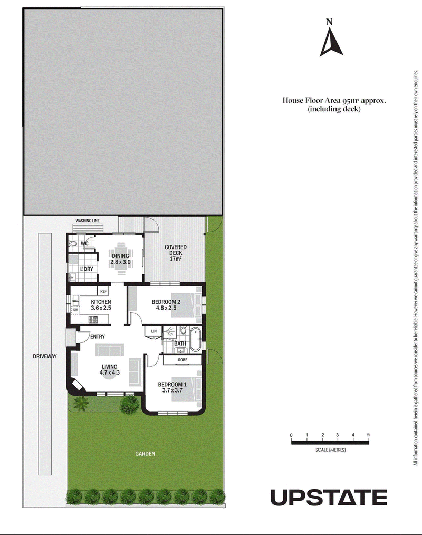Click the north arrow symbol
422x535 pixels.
pos(331,43)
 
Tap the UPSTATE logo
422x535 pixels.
pos(329,497)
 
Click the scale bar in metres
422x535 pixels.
pos(330,443)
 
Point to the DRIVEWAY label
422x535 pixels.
pos(45,356)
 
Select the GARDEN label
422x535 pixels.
pos(145,454)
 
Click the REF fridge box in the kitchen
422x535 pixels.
pos(103,291)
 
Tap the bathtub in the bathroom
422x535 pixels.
pos(196,339)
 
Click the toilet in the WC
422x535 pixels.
pos(73,244)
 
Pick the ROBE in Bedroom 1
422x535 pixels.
pos(183,360)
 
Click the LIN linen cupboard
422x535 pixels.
pos(154,332)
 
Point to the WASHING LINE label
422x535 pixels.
pos(88,221)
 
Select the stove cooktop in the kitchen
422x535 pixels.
pos(93,320)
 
